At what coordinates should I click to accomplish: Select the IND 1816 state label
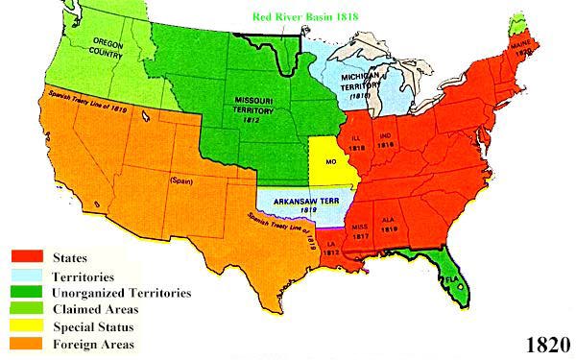click(389, 140)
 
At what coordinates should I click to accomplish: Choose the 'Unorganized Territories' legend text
click(120, 292)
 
